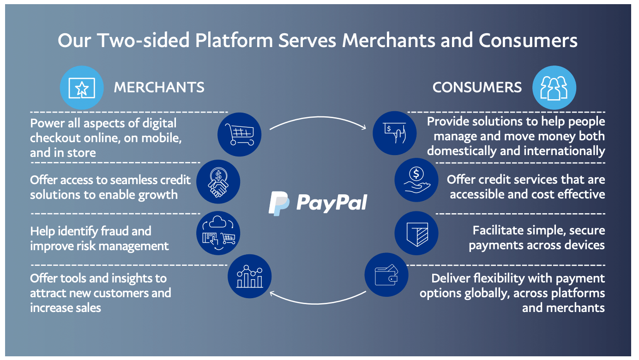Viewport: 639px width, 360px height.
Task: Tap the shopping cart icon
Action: point(239,134)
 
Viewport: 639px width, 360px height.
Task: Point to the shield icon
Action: point(416,233)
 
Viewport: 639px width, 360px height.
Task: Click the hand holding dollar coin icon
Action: point(416,180)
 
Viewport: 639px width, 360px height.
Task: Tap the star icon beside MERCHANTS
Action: point(82,88)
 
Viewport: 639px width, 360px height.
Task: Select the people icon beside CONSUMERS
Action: point(554,88)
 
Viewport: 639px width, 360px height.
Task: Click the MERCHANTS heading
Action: point(159,87)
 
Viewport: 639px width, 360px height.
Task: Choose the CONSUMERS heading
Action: point(477,87)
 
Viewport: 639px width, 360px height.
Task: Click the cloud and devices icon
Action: point(218,233)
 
